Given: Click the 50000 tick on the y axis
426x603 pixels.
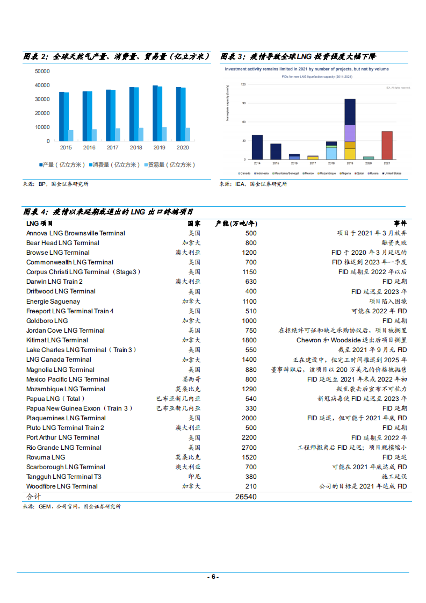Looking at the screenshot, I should coord(42,71).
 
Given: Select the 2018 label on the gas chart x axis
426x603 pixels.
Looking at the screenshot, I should coord(136,147).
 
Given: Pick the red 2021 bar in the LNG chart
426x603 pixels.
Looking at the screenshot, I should coord(387,145).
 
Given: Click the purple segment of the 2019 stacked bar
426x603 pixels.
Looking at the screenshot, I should coord(350,133).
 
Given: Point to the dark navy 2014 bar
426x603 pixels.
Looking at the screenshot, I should coord(257,147).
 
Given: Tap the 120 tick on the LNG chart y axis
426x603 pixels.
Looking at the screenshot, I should coord(243,84).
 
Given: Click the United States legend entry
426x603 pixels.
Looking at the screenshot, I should coord(392,173).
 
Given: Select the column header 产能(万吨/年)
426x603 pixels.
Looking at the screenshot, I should coord(236,223).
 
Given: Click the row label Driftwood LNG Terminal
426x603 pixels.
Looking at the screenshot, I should coord(61,291).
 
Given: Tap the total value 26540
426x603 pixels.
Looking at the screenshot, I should coord(246,497).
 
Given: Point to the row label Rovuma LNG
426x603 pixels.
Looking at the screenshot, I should coord(46,457).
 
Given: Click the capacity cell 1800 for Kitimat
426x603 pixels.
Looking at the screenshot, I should coord(249,340).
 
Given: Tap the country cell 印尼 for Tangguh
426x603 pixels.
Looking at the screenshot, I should coord(194,477).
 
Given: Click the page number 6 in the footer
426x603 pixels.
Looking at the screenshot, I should coord(213,577).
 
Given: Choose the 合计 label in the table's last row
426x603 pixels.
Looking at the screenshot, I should coord(34,497).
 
